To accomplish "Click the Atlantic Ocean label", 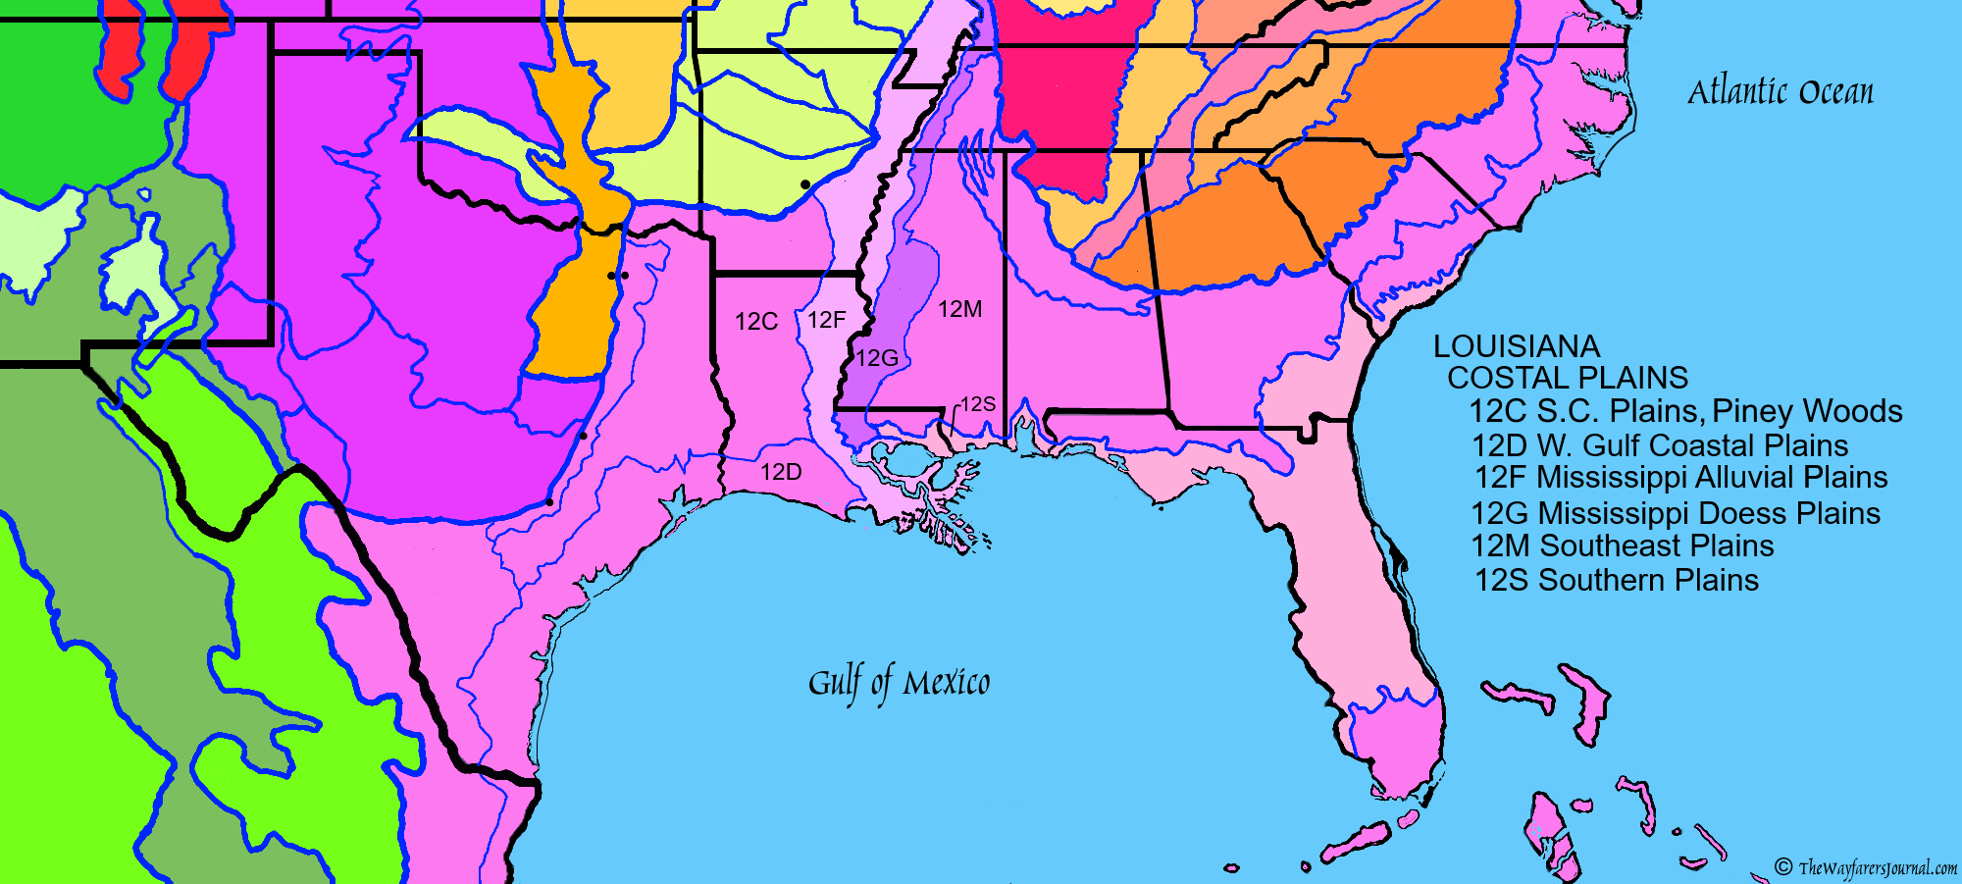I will pos(1780,92).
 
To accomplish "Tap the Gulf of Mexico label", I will pos(899,682).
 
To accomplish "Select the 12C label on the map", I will pos(756,322).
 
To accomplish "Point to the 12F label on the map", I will pos(826,320).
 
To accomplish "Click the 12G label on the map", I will pos(876,358).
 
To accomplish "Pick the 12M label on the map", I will pos(959,310).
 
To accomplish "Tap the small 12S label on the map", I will pos(977,404).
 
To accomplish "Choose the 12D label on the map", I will pos(781,472).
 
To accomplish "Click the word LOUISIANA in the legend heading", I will pos(1517,346).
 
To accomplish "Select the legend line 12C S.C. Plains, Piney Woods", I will pos(1684,411).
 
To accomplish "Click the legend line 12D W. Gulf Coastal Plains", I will pos(1659,445).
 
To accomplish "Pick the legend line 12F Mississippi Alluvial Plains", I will pos(1680,478).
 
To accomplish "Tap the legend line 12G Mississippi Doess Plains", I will pos(1675,513).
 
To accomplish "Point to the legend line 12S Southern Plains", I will pos(1616,580).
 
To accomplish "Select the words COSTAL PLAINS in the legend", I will pos(1567,378).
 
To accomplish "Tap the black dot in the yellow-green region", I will pos(805,184).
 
